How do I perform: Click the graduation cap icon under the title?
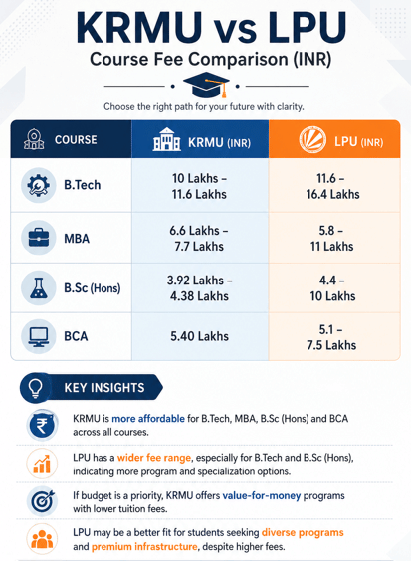point(206,85)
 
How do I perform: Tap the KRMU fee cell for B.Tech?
point(199,186)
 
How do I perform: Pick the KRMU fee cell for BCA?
point(199,336)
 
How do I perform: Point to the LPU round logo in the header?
point(312,140)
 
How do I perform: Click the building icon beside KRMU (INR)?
point(166,139)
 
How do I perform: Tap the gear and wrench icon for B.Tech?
point(38,185)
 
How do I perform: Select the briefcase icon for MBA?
point(38,238)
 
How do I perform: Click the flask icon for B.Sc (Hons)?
point(38,287)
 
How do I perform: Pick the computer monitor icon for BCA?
point(38,336)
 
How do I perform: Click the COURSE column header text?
point(76,139)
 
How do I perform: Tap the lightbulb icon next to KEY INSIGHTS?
point(36,388)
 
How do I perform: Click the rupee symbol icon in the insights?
point(42,426)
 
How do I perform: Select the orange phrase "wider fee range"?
point(154,458)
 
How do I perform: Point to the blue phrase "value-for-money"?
point(262,496)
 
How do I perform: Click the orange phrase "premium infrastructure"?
point(144,547)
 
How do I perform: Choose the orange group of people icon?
point(42,539)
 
